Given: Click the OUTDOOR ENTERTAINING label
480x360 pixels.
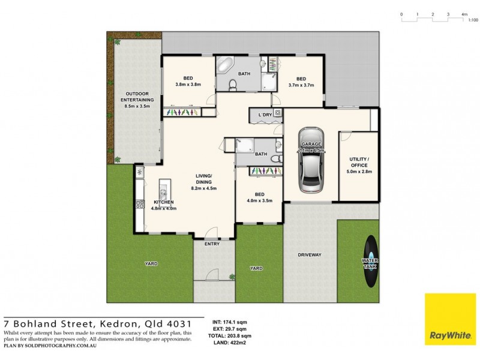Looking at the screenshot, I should (x=137, y=103).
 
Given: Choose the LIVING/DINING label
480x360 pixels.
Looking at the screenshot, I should (x=203, y=182).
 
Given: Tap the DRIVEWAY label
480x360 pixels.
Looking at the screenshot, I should (x=310, y=255).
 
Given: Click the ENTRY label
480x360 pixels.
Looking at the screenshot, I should (x=212, y=244).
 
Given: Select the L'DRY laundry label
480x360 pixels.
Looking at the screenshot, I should (x=265, y=114).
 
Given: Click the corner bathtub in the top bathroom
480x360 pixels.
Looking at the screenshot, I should (x=226, y=66).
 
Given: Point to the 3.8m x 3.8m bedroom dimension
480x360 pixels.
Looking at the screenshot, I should (x=187, y=85).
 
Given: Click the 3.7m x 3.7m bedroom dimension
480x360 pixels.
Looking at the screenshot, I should (x=301, y=85).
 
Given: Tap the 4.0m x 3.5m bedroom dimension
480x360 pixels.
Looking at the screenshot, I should (x=259, y=200).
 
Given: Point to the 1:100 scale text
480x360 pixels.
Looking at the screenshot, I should (x=473, y=20).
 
